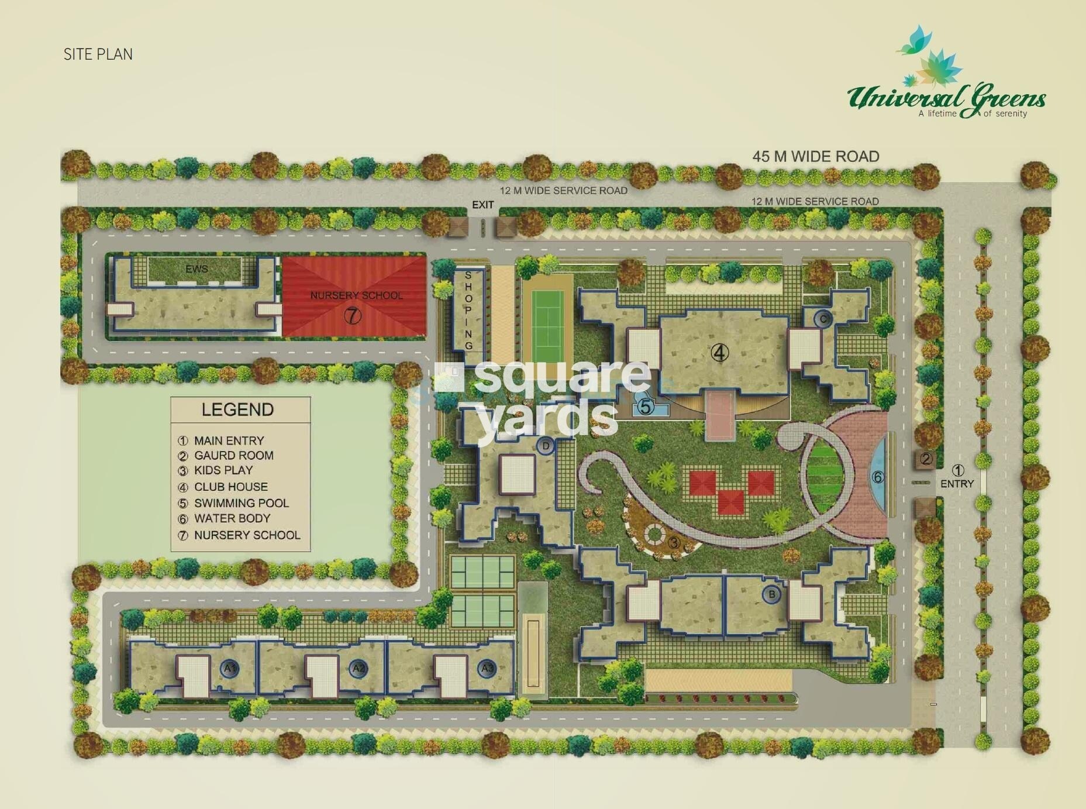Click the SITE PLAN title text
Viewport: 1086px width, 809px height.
point(98,54)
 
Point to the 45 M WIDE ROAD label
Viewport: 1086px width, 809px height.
point(815,157)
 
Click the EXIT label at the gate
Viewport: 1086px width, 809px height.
point(482,205)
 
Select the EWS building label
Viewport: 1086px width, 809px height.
point(196,269)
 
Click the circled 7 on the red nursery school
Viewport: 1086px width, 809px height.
point(352,316)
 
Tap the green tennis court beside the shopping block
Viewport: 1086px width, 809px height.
point(547,328)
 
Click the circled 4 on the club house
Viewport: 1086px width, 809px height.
point(720,353)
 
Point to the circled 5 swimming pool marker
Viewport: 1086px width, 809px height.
point(646,407)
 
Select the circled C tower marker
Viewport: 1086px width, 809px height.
point(823,319)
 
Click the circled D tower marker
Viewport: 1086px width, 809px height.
point(546,446)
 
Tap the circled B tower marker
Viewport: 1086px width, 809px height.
point(772,594)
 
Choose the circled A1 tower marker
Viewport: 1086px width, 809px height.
point(230,668)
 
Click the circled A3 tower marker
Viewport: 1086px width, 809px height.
point(487,668)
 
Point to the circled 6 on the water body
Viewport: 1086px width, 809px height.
point(877,477)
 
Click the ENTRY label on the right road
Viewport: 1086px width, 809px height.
point(957,484)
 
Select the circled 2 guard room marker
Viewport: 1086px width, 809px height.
point(926,459)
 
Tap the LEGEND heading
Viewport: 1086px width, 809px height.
point(237,409)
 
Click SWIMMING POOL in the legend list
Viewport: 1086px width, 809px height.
point(241,503)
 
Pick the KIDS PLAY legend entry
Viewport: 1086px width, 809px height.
point(223,470)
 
